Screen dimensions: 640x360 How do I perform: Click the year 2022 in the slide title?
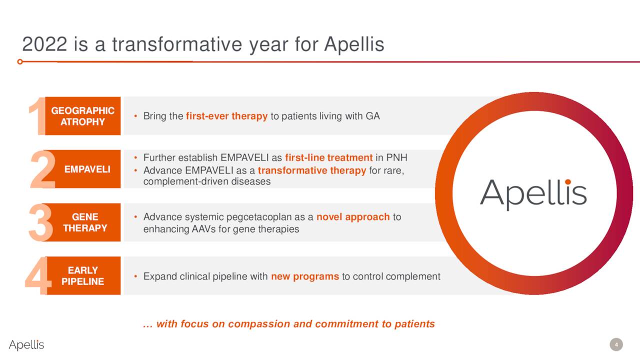44,44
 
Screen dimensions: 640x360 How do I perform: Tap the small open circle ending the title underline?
20,61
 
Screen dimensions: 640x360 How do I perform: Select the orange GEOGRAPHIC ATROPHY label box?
83,116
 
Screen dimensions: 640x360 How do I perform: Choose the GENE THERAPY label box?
85,222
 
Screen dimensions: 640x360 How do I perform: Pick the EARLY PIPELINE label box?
83,275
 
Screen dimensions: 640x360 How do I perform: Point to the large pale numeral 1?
37,116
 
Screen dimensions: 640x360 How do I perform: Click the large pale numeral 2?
43,169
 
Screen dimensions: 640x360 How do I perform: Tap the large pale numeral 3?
40,222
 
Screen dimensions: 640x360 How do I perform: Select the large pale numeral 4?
37,275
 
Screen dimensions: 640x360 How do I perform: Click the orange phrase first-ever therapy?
226,116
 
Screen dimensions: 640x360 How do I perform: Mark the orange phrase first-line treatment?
329,157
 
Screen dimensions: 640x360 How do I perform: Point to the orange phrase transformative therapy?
312,170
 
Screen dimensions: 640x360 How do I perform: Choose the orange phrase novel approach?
353,217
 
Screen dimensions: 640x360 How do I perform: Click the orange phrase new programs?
305,276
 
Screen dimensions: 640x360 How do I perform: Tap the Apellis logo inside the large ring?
533,194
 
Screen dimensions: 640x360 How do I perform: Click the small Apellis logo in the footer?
26,345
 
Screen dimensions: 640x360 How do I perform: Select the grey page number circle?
616,344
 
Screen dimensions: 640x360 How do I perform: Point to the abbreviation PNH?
396,157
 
